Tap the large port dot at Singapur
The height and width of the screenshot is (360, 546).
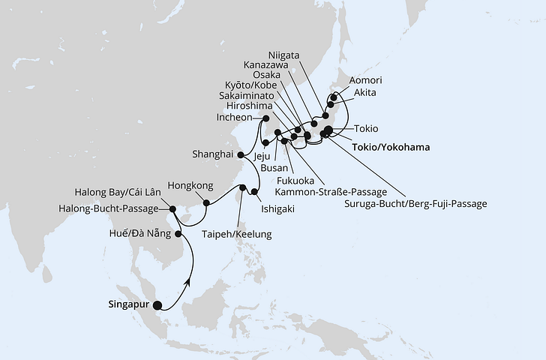(x=157, y=305)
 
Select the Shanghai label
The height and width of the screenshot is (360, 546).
(x=211, y=155)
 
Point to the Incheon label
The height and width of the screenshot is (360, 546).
(x=236, y=118)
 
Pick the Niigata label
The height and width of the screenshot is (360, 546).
(x=286, y=54)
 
